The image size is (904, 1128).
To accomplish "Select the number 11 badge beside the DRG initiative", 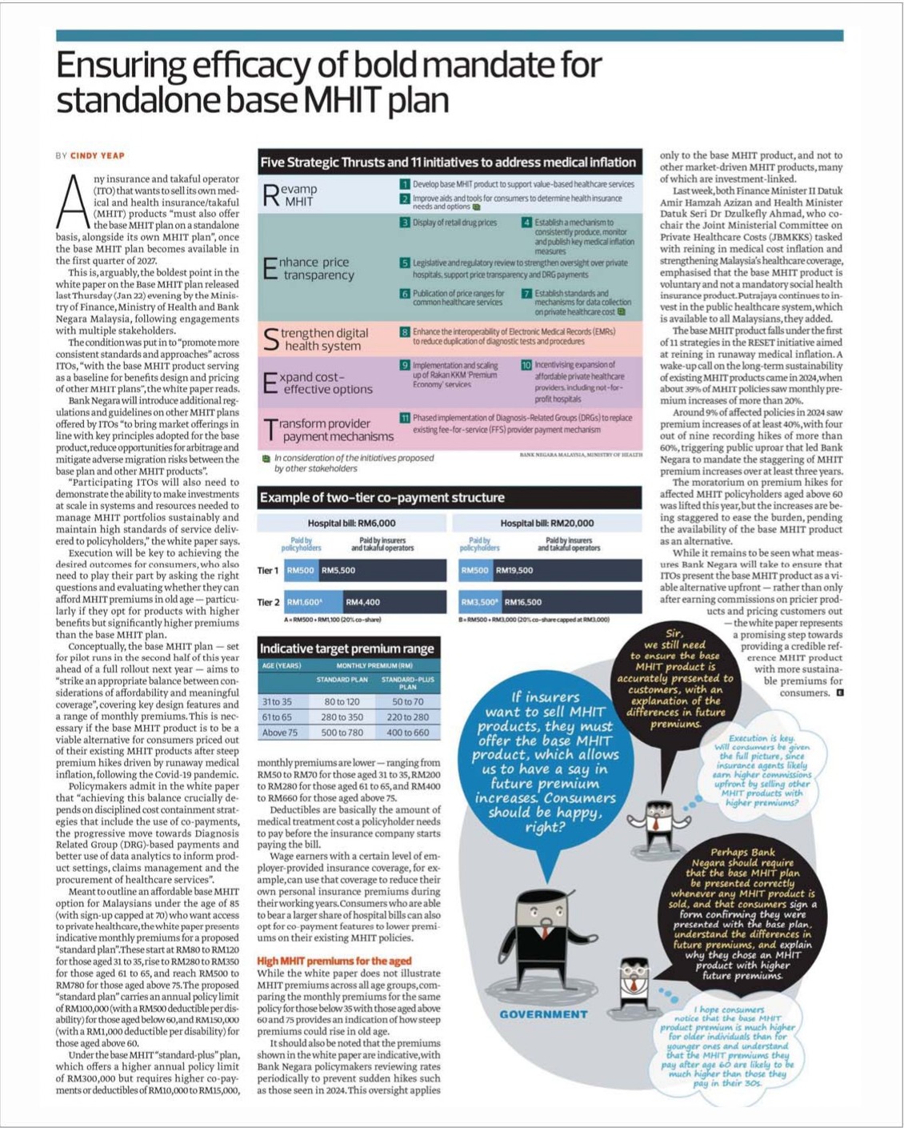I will (405, 418).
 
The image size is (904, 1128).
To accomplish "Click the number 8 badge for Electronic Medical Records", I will (405, 331).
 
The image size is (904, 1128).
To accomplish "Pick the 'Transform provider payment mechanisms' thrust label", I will (328, 430).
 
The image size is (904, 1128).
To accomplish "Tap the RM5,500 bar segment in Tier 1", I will (382, 570).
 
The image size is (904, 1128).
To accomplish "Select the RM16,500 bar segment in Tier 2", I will (571, 602).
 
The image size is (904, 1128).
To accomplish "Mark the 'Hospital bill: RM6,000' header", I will (351, 523).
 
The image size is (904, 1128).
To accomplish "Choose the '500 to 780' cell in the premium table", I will (342, 733).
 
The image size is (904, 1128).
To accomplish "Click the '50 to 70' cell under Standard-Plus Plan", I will (407, 701).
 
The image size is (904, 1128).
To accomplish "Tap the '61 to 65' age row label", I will (277, 717).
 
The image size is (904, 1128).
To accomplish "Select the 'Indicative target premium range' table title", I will (346, 648).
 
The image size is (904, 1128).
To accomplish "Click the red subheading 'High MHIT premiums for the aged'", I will (334, 961).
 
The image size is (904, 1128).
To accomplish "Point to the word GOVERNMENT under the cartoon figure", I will (543, 1014).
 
